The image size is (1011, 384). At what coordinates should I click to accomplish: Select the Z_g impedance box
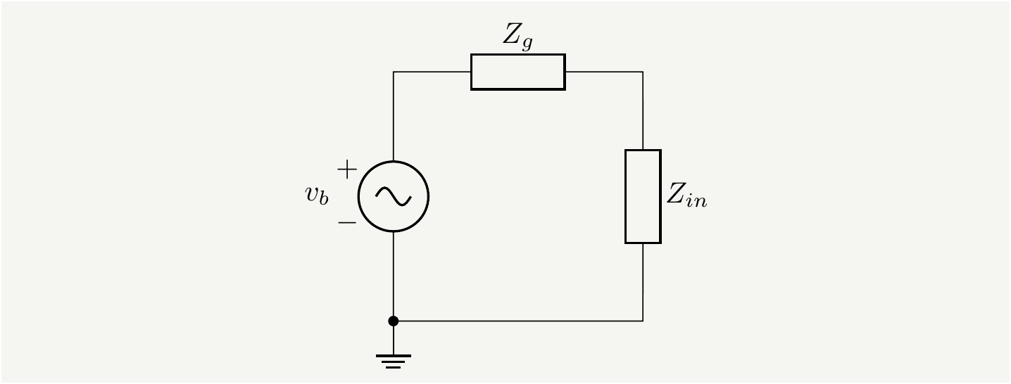click(517, 72)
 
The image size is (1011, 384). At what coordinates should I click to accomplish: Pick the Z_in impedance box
click(643, 196)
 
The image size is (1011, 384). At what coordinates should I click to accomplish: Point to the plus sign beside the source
click(347, 169)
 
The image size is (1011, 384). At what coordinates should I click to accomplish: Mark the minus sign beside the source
click(347, 222)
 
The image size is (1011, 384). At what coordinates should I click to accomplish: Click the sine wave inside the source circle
click(393, 196)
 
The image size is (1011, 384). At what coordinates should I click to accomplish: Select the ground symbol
click(393, 361)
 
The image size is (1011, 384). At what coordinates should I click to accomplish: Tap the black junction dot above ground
click(394, 321)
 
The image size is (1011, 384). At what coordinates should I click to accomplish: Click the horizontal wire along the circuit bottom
click(517, 321)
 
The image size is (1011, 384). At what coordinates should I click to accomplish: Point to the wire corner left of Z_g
click(394, 72)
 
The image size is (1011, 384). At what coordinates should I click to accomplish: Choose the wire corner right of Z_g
click(643, 72)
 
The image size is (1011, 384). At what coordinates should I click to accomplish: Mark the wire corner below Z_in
click(643, 321)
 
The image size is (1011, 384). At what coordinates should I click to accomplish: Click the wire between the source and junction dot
click(394, 276)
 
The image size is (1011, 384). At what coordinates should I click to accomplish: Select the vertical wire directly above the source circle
click(394, 116)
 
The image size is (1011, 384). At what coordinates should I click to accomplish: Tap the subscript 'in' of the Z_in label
click(696, 202)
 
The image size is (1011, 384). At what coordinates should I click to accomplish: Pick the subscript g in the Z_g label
click(527, 43)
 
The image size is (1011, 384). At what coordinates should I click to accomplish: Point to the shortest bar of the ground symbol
click(394, 367)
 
